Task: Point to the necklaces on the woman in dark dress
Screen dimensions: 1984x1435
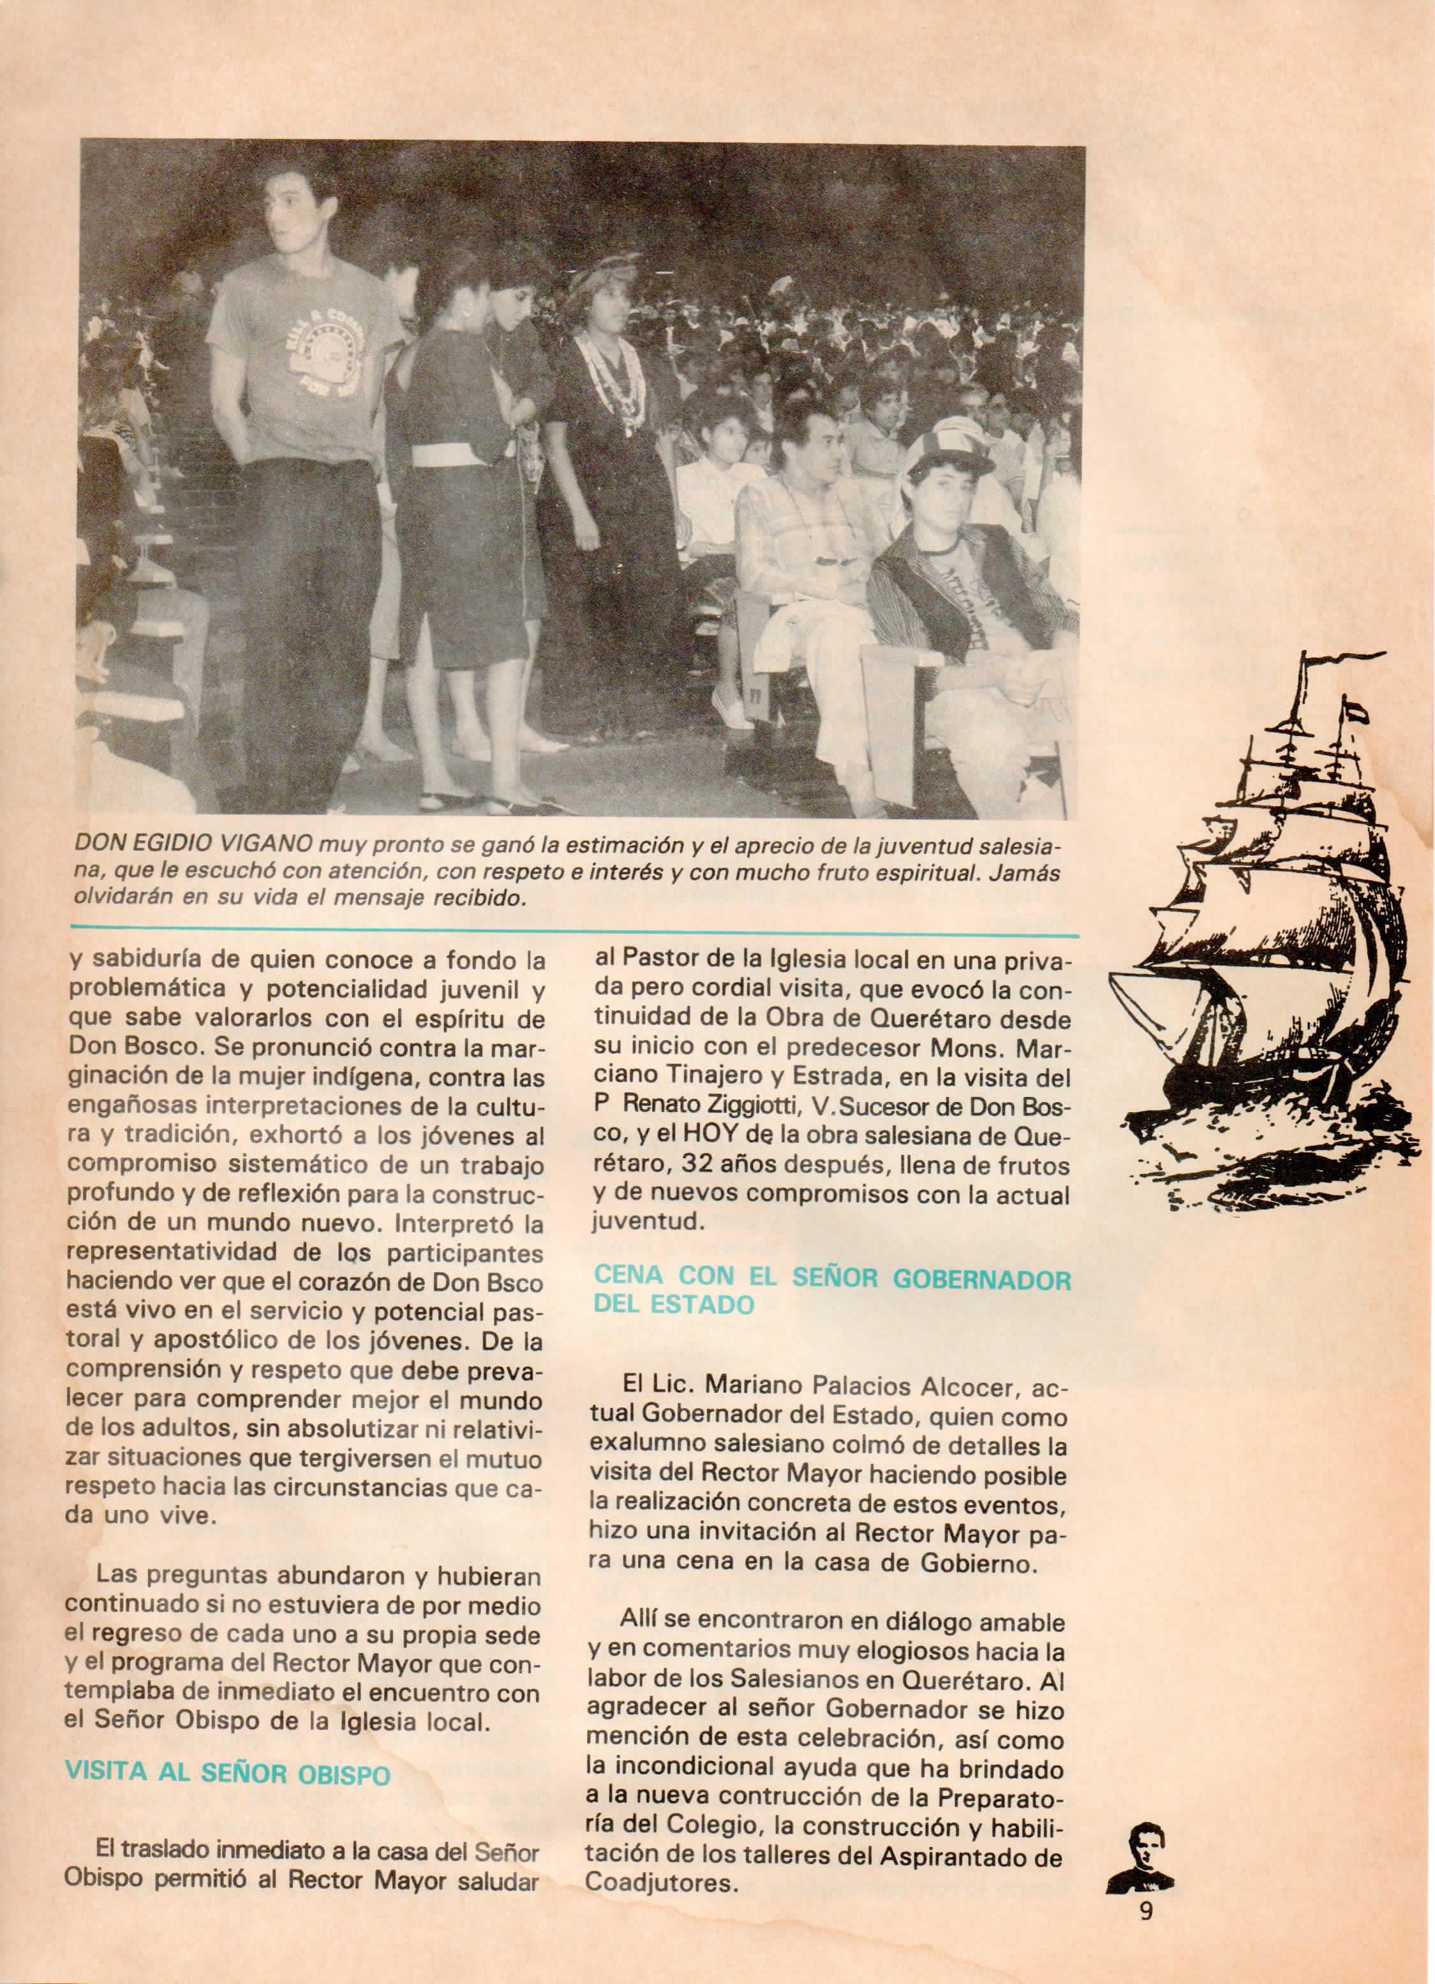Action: (614, 372)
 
